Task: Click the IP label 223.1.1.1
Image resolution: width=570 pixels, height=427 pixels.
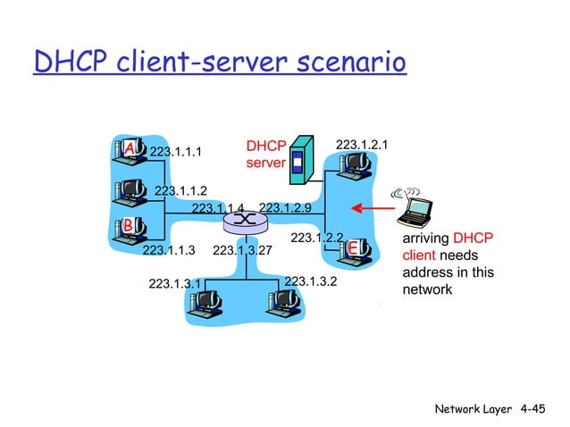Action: coord(175,152)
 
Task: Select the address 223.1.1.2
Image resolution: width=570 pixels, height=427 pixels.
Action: coord(180,190)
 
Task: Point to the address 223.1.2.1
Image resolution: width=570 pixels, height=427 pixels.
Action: coord(366,144)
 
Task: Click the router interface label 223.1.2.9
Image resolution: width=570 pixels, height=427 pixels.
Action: coord(284,208)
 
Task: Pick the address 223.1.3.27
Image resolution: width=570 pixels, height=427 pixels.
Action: coord(242,251)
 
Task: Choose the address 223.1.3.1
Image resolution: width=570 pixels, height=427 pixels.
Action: coord(174,284)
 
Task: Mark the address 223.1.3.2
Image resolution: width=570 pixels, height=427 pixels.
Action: coord(310,281)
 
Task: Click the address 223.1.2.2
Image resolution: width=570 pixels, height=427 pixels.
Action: coord(317,238)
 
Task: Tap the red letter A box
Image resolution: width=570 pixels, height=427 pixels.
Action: coord(130,147)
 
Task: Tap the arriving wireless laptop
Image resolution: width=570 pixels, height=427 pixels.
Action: coord(415,210)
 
